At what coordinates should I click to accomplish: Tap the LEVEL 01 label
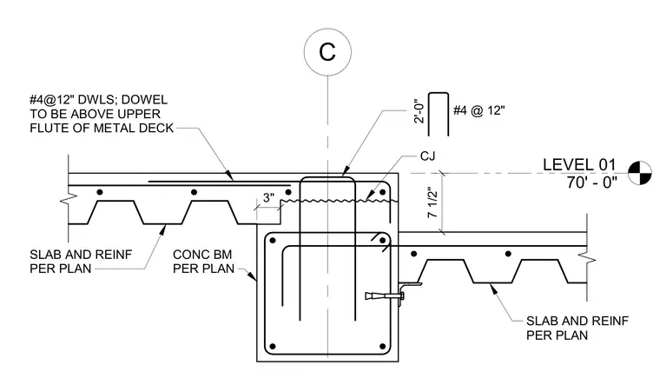pyautogui.click(x=579, y=165)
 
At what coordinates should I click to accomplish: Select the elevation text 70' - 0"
pyautogui.click(x=591, y=183)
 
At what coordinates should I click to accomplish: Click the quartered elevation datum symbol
pyautogui.click(x=639, y=173)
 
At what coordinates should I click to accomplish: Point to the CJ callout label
pyautogui.click(x=427, y=156)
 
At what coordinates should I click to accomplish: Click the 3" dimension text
pyautogui.click(x=269, y=197)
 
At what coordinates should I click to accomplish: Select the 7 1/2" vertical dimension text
pyautogui.click(x=432, y=202)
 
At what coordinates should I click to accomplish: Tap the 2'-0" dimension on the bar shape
pyautogui.click(x=419, y=110)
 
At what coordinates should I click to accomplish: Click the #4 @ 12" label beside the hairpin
pyautogui.click(x=478, y=110)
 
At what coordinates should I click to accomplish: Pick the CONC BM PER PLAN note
pyautogui.click(x=203, y=262)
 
